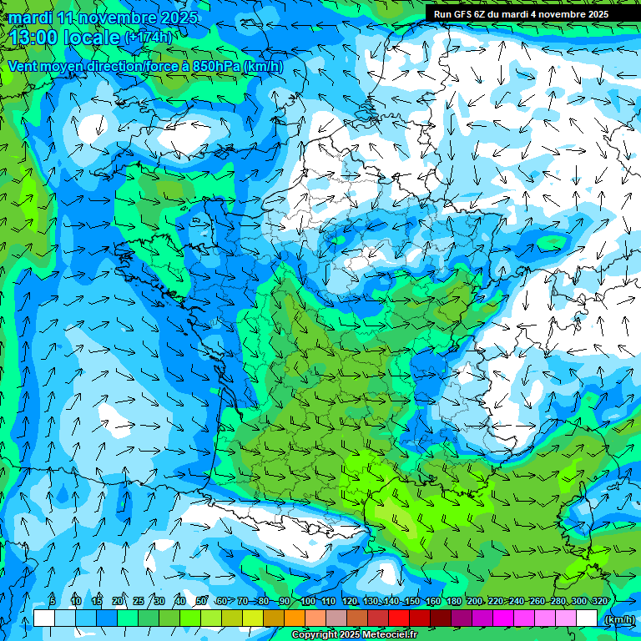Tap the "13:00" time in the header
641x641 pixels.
pyautogui.click(x=34, y=38)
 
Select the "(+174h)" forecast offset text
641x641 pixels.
pyautogui.click(x=149, y=38)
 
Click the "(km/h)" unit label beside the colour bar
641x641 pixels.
pyautogui.click(x=618, y=618)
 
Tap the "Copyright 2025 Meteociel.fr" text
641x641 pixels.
pyautogui.click(x=354, y=635)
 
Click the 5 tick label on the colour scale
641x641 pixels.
pyautogui.click(x=53, y=602)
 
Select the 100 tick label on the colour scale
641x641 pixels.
pyautogui.click(x=307, y=602)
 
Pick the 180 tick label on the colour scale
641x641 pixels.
pyautogui.click(x=453, y=602)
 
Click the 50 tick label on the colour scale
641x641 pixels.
pyautogui.click(x=201, y=602)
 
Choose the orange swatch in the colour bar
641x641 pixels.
pyautogui.click(x=295, y=618)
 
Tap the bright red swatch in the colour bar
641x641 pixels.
pyautogui.click(x=399, y=618)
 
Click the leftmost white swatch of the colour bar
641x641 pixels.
pyautogui.click(x=44, y=618)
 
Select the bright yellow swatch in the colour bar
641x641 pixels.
pyautogui.click(x=253, y=618)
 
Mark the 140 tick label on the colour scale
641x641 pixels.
pyautogui.click(x=391, y=602)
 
